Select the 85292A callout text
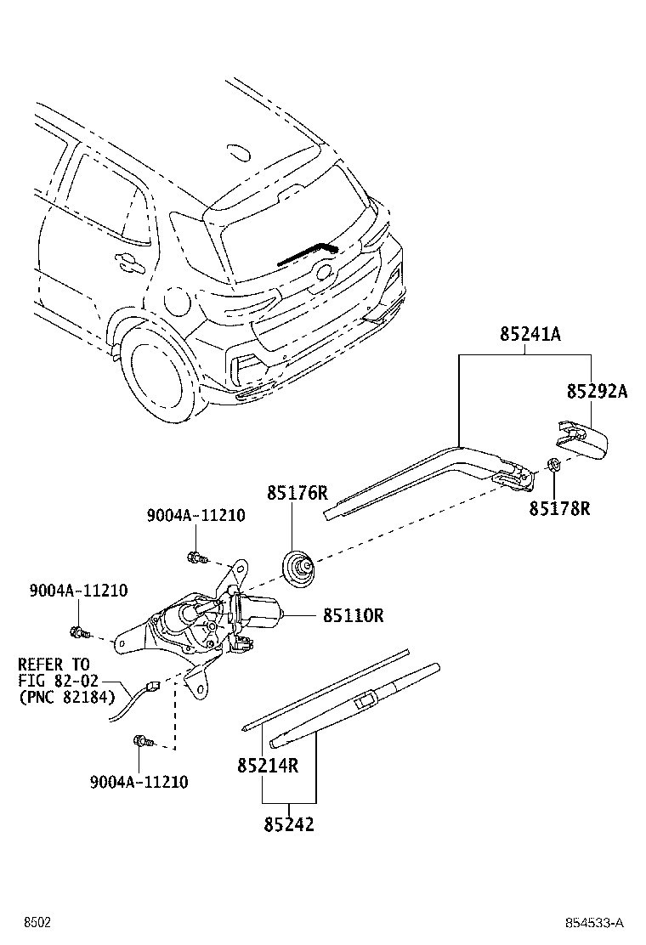click(597, 391)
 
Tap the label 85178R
click(559, 508)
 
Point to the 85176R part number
click(297, 493)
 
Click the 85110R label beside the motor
click(353, 615)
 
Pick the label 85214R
click(268, 766)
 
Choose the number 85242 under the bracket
click(288, 823)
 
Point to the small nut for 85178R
click(552, 464)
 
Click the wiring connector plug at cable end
click(153, 682)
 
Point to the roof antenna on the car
click(238, 153)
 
